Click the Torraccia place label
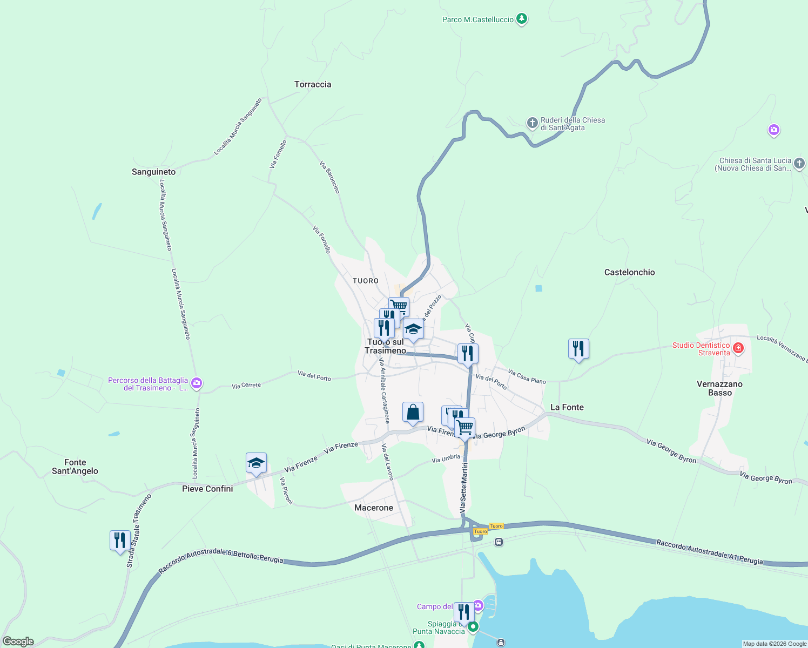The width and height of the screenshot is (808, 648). (313, 84)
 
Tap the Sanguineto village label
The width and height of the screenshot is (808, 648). (153, 172)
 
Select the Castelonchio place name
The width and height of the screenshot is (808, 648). (629, 272)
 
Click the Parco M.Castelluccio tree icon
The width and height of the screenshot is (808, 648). (521, 19)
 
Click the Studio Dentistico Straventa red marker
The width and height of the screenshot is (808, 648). (738, 349)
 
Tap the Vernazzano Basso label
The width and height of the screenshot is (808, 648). (719, 388)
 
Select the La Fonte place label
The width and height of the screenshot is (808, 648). (567, 407)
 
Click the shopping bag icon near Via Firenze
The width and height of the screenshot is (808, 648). (413, 413)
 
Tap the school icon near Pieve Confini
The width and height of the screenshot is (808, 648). (256, 463)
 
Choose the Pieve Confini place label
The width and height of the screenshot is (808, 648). (207, 489)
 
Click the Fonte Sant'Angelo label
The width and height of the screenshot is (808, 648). (75, 467)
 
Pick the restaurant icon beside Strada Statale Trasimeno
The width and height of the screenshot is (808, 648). (120, 541)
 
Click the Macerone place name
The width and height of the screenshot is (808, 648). (374, 508)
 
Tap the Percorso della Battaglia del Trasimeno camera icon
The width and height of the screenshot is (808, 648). (197, 383)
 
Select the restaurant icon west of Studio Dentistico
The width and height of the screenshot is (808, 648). (578, 349)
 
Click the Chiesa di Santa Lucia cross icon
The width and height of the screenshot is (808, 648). (799, 163)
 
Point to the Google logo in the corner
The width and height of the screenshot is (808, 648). (18, 642)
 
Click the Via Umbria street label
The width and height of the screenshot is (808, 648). (446, 459)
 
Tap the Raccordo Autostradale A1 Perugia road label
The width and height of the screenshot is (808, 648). (710, 552)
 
